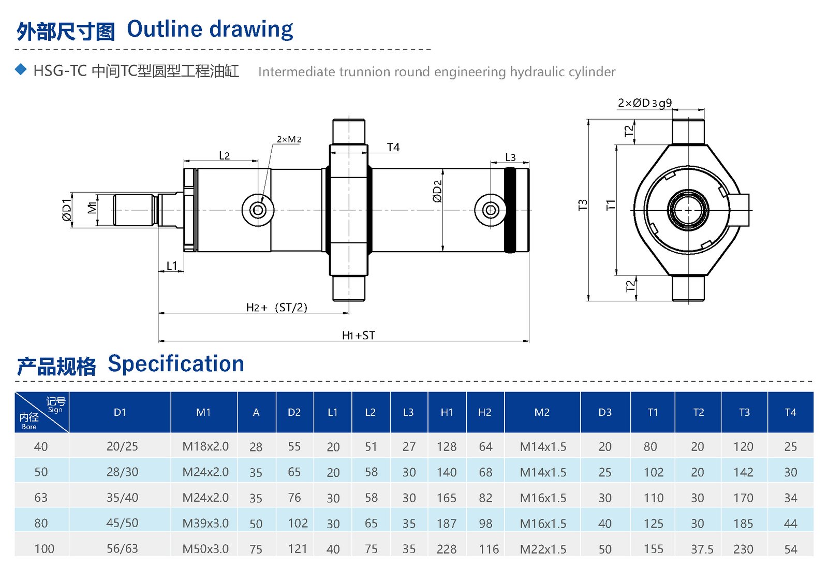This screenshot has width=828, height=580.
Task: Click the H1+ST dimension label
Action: [x=358, y=335]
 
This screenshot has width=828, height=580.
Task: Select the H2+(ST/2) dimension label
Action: [x=276, y=307]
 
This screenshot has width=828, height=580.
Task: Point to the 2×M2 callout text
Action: [x=289, y=139]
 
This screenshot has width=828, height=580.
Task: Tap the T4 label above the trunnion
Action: [x=393, y=147]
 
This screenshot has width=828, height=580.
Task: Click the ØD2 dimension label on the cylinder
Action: [x=437, y=191]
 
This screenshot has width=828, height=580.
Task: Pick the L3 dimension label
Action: [x=510, y=157]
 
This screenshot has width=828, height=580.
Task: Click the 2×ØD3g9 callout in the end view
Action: [x=645, y=103]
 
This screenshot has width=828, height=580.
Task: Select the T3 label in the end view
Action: [x=583, y=205]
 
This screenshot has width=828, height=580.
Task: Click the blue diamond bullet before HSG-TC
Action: [x=21, y=69]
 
